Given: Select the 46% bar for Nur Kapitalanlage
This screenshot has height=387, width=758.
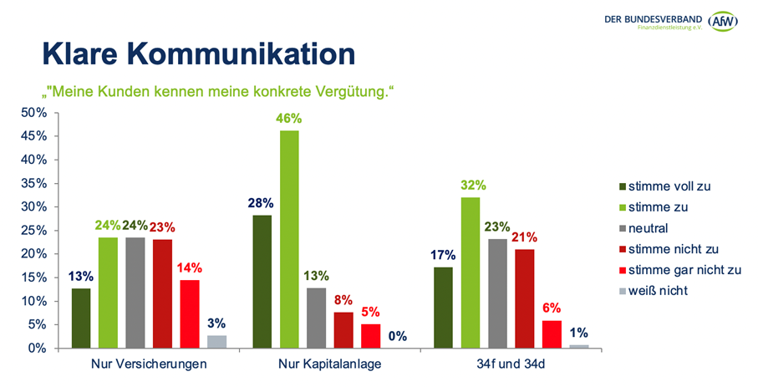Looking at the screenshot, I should click(288, 239).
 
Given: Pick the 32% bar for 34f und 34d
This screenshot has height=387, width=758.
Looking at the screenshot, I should click(471, 272).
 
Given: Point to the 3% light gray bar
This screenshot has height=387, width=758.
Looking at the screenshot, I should click(216, 342).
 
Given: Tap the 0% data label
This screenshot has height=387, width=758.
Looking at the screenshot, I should click(397, 337).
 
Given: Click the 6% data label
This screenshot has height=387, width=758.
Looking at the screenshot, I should click(551, 307).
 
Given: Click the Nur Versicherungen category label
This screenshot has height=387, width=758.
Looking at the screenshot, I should click(149, 364).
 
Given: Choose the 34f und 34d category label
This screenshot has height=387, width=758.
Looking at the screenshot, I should click(511, 364).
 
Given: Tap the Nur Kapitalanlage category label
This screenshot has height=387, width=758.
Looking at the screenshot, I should click(330, 364).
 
